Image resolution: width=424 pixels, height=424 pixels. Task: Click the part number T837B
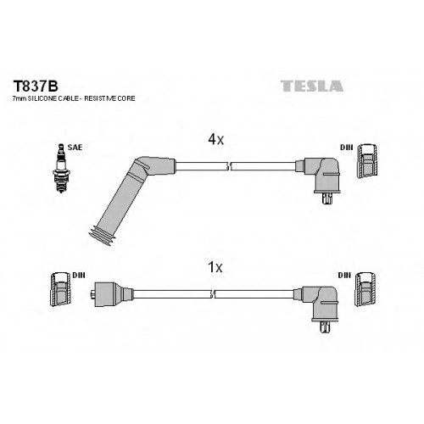[36, 86]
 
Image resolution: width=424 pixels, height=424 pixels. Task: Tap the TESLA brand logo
[312, 86]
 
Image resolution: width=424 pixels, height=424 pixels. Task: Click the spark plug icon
[61, 169]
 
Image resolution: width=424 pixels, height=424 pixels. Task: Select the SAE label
[75, 148]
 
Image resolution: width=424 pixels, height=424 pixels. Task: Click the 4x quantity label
[215, 139]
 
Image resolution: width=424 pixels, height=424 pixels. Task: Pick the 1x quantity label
[215, 267]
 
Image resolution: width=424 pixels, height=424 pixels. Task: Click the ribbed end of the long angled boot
[101, 236]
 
